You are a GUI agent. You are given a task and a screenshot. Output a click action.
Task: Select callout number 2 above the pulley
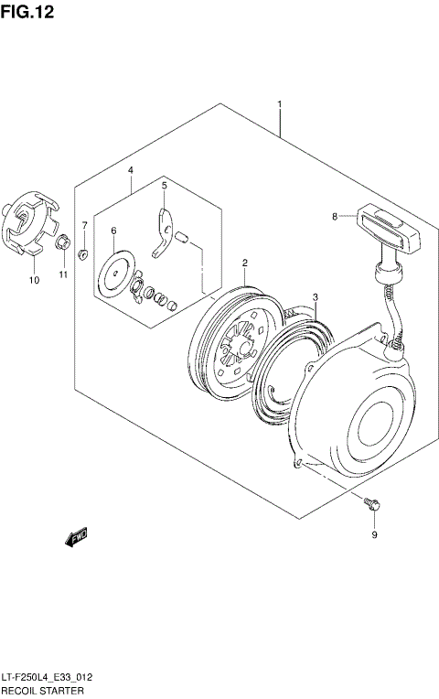point(245,263)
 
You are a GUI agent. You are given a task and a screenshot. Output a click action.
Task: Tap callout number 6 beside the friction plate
point(83,224)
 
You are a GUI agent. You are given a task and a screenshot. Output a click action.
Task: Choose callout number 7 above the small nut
point(335,216)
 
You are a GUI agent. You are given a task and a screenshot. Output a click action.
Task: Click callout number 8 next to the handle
point(373,535)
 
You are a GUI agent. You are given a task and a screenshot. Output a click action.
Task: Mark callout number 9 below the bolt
point(34,280)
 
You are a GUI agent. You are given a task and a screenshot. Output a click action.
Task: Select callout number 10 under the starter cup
point(63,274)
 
